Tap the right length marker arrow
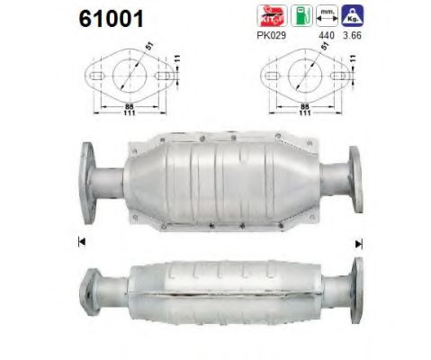click(359, 243)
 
